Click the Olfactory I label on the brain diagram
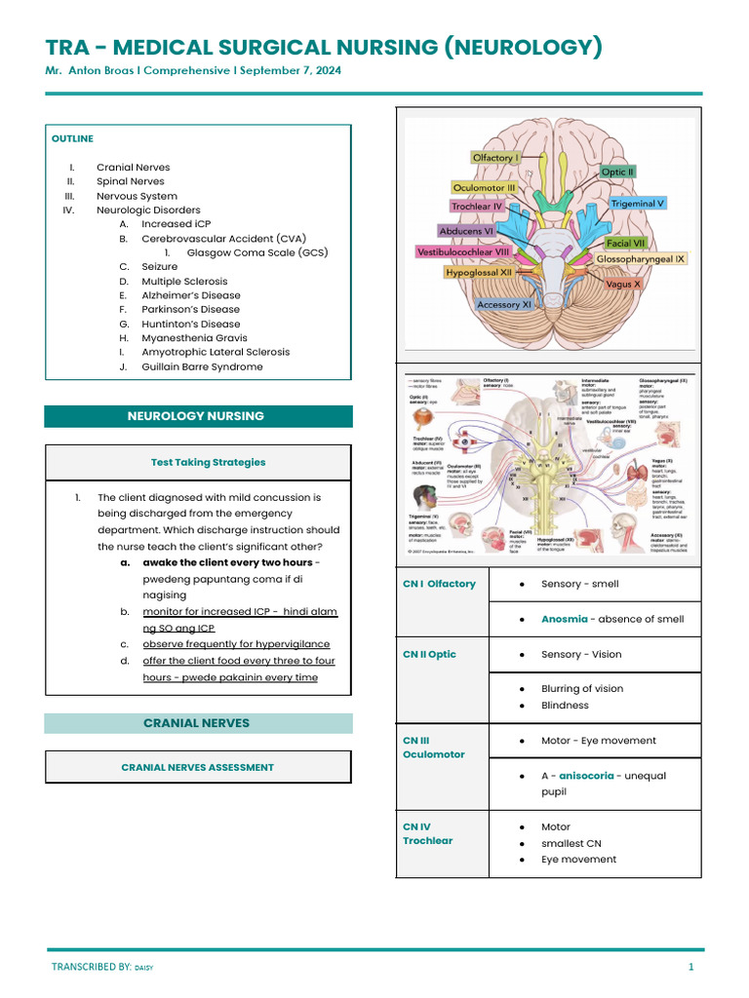(495, 157)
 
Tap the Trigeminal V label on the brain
(638, 204)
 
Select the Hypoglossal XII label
(479, 273)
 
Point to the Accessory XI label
(504, 305)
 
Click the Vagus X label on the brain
(623, 285)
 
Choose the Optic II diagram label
(618, 172)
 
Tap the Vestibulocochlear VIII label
(464, 251)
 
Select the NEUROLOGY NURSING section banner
(196, 416)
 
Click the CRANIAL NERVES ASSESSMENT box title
(197, 767)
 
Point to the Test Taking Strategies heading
(208, 462)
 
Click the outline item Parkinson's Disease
(190, 310)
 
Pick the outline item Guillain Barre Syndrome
(202, 366)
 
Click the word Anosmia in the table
(565, 619)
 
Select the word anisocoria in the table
(586, 776)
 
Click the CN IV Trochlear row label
(427, 833)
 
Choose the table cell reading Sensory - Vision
(581, 654)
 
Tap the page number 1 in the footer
(690, 967)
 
